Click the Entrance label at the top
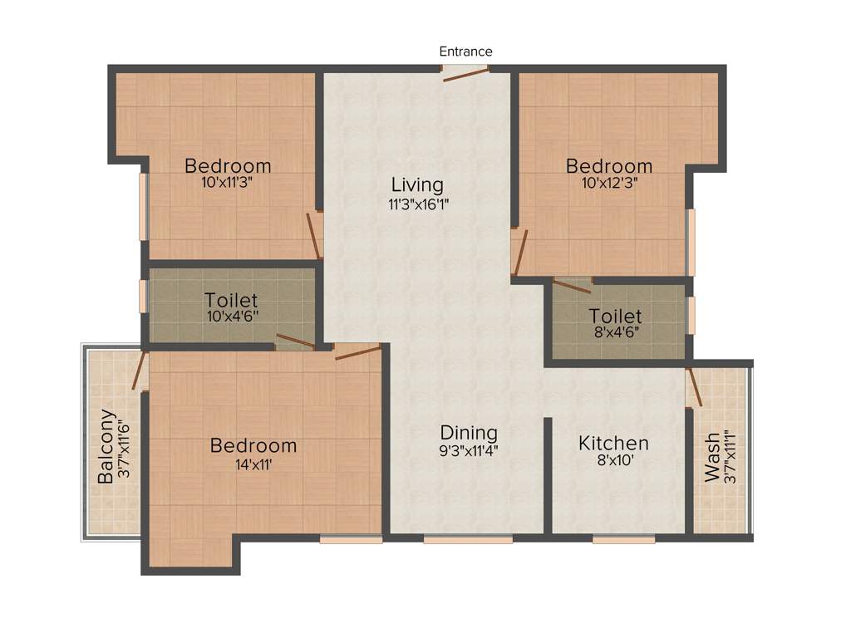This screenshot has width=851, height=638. [x=465, y=52]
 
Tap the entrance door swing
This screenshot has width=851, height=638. [x=465, y=75]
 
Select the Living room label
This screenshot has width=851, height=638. [x=418, y=184]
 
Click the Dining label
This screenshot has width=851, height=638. [x=469, y=433]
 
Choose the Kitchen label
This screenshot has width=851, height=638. [x=613, y=443]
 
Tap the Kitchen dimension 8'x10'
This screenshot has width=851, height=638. [x=613, y=461]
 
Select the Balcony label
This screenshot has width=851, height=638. [x=106, y=446]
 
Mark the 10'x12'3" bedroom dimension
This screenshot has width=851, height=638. [x=609, y=184]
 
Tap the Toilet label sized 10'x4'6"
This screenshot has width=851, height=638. [x=231, y=300]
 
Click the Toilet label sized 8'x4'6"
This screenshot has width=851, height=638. [x=615, y=317]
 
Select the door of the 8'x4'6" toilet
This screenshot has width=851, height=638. [x=572, y=287]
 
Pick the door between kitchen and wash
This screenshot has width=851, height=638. [x=694, y=387]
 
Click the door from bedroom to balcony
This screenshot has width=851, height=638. [x=140, y=371]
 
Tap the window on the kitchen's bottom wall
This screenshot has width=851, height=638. [x=623, y=539]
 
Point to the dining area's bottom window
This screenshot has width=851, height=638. [x=468, y=539]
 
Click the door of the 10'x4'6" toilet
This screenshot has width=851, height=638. [x=295, y=341]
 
